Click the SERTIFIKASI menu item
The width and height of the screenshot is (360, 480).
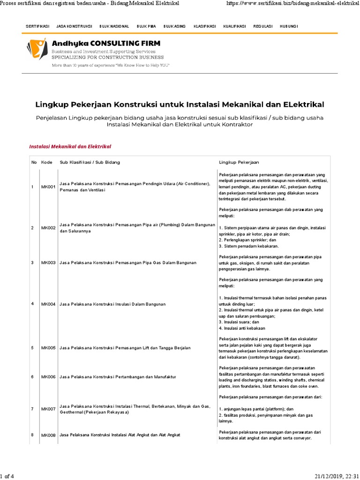[37, 26]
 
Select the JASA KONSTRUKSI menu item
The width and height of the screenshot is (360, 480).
[74, 26]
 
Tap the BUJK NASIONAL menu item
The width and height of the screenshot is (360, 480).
[114, 26]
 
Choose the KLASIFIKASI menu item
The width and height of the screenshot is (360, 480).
[205, 26]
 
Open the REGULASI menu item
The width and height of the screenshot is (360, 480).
[263, 26]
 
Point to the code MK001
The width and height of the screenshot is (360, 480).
[48, 187]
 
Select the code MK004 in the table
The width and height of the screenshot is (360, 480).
[48, 304]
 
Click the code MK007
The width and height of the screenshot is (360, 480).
[48, 409]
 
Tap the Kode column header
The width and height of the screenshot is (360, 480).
[47, 162]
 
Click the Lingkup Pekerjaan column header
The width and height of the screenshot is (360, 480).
[239, 162]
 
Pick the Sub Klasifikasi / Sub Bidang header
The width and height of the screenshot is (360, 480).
[90, 162]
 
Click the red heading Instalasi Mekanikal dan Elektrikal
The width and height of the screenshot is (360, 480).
[70, 146]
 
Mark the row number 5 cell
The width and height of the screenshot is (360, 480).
[32, 348]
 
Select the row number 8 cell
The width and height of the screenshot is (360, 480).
[32, 435]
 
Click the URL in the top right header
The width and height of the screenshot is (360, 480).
[291, 4]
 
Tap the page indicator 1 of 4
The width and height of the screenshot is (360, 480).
[7, 476]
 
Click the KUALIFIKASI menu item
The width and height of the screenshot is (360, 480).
[234, 26]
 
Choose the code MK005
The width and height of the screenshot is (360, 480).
[48, 348]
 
